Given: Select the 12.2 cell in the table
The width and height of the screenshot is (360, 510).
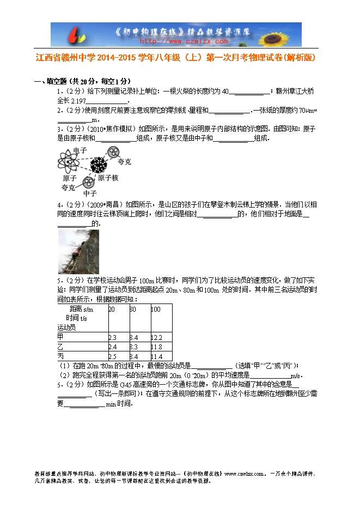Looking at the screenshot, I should pos(157,337).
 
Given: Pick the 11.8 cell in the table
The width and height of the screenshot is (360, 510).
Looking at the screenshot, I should pos(157,347).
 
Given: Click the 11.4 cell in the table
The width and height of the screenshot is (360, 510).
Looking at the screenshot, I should pos(157,356).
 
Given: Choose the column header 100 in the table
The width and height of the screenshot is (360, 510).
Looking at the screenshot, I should pos(156,309).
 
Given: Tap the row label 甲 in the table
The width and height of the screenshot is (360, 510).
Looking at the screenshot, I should pos(60,337).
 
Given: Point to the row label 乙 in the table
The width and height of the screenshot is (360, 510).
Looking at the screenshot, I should pos(60,347).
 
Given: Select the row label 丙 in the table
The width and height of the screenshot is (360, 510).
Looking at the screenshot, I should pos(60,356).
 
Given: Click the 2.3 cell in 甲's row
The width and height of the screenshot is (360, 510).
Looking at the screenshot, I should pos(113,337).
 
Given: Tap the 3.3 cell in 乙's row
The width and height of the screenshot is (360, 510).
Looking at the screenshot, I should pos(134,347).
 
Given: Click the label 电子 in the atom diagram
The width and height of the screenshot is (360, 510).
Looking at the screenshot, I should pos(80,150).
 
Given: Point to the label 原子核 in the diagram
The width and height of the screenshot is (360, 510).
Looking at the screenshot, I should pos(108,178).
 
